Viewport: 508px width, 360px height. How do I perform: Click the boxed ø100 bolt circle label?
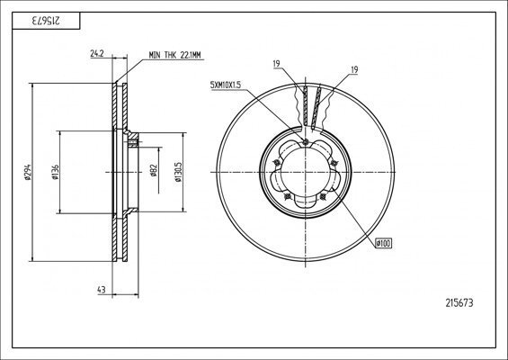[384, 241]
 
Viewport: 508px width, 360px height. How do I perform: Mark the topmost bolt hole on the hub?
[306, 143]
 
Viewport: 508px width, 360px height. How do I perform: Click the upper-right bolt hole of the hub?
[334, 162]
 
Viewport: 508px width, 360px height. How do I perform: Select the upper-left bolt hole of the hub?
[277, 163]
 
